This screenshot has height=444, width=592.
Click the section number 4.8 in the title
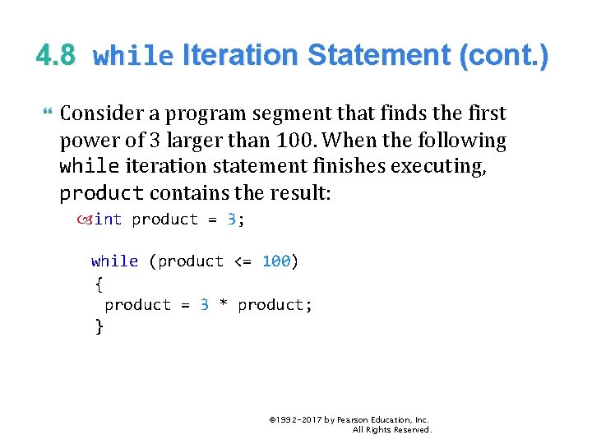pyautogui.click(x=56, y=56)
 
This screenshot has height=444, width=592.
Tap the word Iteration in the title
pyautogui.click(x=239, y=56)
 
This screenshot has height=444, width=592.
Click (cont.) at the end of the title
pyautogui.click(x=502, y=56)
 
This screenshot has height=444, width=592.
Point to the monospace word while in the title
pyautogui.click(x=133, y=57)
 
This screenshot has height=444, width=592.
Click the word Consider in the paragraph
pyautogui.click(x=99, y=113)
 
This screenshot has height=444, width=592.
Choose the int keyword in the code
pyautogui.click(x=109, y=220)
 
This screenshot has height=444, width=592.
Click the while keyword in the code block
pyautogui.click(x=114, y=261)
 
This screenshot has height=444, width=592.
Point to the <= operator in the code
pyautogui.click(x=243, y=261)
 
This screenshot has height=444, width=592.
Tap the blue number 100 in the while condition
pyautogui.click(x=276, y=261)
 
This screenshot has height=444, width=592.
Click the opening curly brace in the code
pyautogui.click(x=99, y=284)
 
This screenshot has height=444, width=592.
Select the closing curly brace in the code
pyautogui.click(x=99, y=326)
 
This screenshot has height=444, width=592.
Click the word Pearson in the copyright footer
pyautogui.click(x=351, y=420)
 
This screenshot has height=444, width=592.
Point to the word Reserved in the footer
pyautogui.click(x=411, y=430)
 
